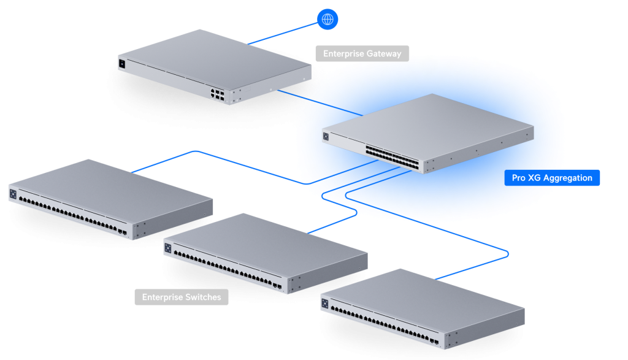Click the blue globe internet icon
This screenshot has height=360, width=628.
click(328, 19)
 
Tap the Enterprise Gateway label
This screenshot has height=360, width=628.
click(362, 54)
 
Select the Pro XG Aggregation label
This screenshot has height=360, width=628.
click(552, 178)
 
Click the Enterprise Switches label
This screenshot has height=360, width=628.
click(182, 297)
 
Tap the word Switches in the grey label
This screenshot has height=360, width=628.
click(202, 297)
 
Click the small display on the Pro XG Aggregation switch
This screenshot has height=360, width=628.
click(326, 137)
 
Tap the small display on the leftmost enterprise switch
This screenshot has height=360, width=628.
click(13, 193)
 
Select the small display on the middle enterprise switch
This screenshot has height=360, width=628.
click(167, 248)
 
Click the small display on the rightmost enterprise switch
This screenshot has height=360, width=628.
click(324, 304)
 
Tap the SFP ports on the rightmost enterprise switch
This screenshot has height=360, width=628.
click(434, 341)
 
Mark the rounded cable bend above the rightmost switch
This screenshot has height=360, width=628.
click(506, 252)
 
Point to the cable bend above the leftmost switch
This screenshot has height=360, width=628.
click(194, 151)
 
